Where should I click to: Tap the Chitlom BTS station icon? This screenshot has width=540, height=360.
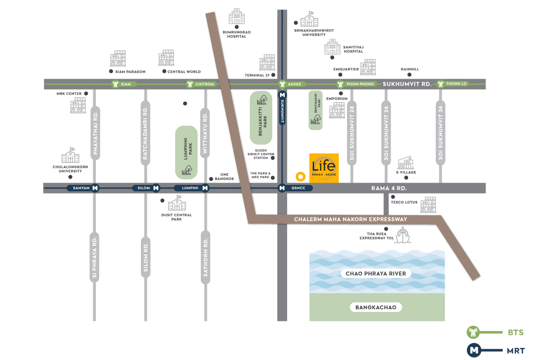click(x=190, y=84)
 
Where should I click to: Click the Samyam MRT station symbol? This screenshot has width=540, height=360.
click(x=95, y=188)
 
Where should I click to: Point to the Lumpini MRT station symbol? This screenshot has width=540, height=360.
click(x=205, y=188)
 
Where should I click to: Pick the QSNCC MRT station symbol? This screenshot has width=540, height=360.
click(x=282, y=188)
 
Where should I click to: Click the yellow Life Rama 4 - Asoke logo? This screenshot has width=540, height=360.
click(x=324, y=168)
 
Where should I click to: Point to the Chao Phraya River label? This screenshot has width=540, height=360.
click(x=376, y=274)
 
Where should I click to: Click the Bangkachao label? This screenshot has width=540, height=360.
click(x=376, y=308)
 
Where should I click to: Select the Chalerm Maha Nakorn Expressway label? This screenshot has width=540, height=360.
click(x=351, y=219)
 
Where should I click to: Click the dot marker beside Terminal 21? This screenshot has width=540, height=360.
click(x=273, y=75)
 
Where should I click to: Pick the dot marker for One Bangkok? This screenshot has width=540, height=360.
click(x=211, y=179)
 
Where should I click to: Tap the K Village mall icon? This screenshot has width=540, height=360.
click(x=405, y=163)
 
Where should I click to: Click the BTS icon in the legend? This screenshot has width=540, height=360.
click(x=473, y=333)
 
